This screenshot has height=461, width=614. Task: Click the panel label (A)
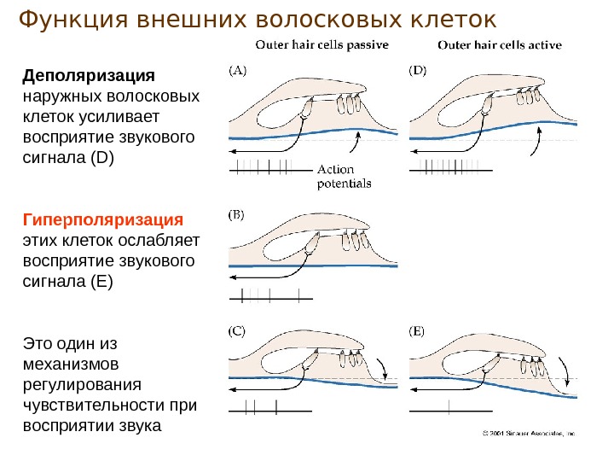point(238,72)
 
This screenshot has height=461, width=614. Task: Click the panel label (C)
point(238,330)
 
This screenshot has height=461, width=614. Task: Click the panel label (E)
point(417,330)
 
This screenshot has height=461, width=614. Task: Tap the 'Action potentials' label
point(345,176)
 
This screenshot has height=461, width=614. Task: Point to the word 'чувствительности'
point(101,405)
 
